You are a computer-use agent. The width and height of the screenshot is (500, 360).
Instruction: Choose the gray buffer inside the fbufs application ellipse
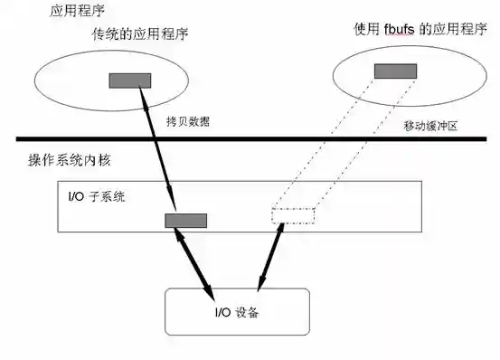395,71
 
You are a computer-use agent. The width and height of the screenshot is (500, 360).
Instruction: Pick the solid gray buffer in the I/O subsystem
185,220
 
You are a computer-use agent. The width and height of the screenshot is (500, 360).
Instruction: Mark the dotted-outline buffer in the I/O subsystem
293,215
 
